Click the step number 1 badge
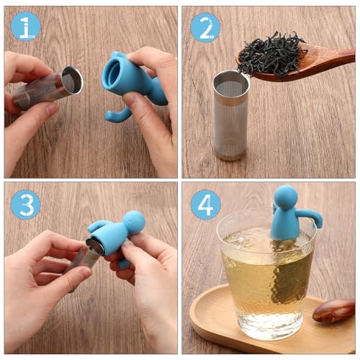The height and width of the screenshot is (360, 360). pos(26,27)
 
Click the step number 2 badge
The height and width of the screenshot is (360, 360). pos(205,27)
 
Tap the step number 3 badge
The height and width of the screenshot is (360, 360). pos(26,204)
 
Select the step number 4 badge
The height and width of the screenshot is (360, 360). pos(205,204)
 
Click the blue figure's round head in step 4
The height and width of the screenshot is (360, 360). pos(284,197)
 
